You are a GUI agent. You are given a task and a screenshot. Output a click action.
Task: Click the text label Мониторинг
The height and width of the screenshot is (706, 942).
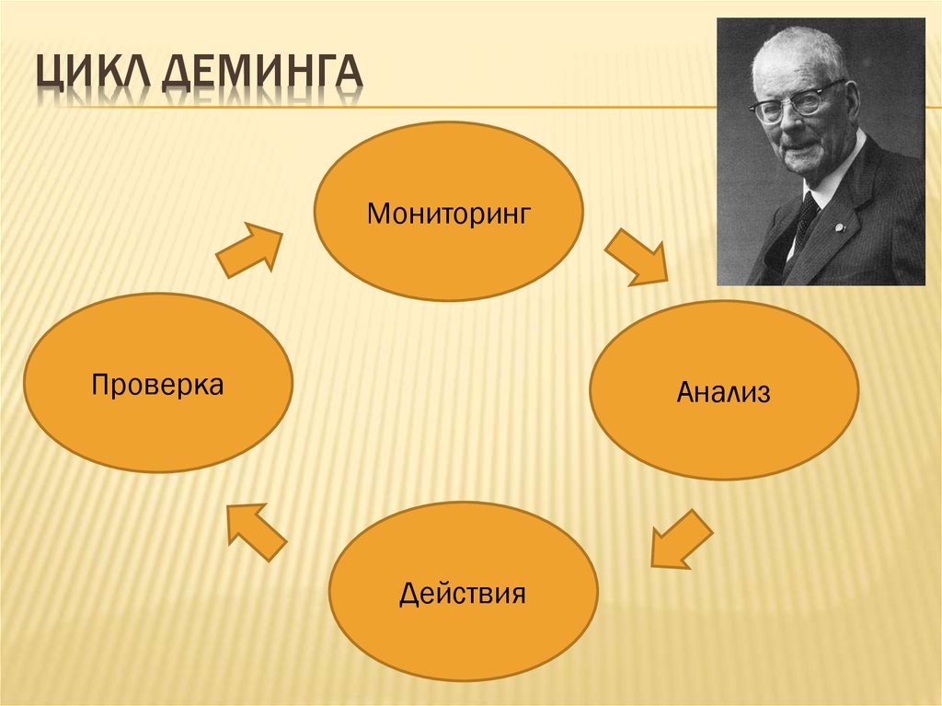[449, 214]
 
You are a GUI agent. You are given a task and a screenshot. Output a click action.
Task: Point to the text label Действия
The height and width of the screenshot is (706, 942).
[463, 592]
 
